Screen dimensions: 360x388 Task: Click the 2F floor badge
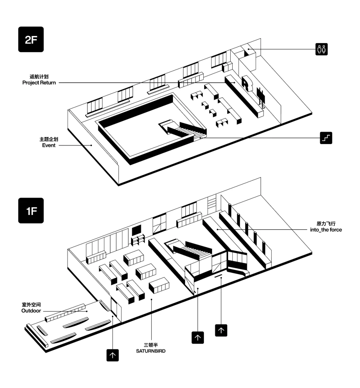pyautogui.click(x=31, y=39)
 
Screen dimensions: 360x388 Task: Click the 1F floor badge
pyautogui.click(x=31, y=211)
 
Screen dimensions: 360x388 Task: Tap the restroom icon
pyautogui.click(x=321, y=49)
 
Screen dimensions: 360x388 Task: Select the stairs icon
pyautogui.click(x=326, y=138)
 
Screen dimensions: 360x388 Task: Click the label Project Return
pyautogui.click(x=39, y=83)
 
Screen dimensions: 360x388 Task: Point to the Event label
pyautogui.click(x=49, y=145)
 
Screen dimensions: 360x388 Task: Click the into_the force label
pyautogui.click(x=326, y=230)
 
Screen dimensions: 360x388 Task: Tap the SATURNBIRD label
pyautogui.click(x=151, y=351)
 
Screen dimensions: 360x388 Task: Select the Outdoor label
pyautogui.click(x=31, y=311)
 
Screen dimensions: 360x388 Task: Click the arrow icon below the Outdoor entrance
pyautogui.click(x=113, y=355)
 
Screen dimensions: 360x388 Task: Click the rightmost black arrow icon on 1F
pyautogui.click(x=221, y=330)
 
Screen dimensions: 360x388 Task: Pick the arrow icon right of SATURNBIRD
pyautogui.click(x=198, y=338)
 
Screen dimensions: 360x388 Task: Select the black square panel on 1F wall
pyautogui.click(x=136, y=230)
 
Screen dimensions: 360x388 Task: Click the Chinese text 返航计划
pyautogui.click(x=39, y=77)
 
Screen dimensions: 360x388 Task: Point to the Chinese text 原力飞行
pyautogui.click(x=326, y=224)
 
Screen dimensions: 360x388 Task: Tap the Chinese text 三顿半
pyautogui.click(x=151, y=345)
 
